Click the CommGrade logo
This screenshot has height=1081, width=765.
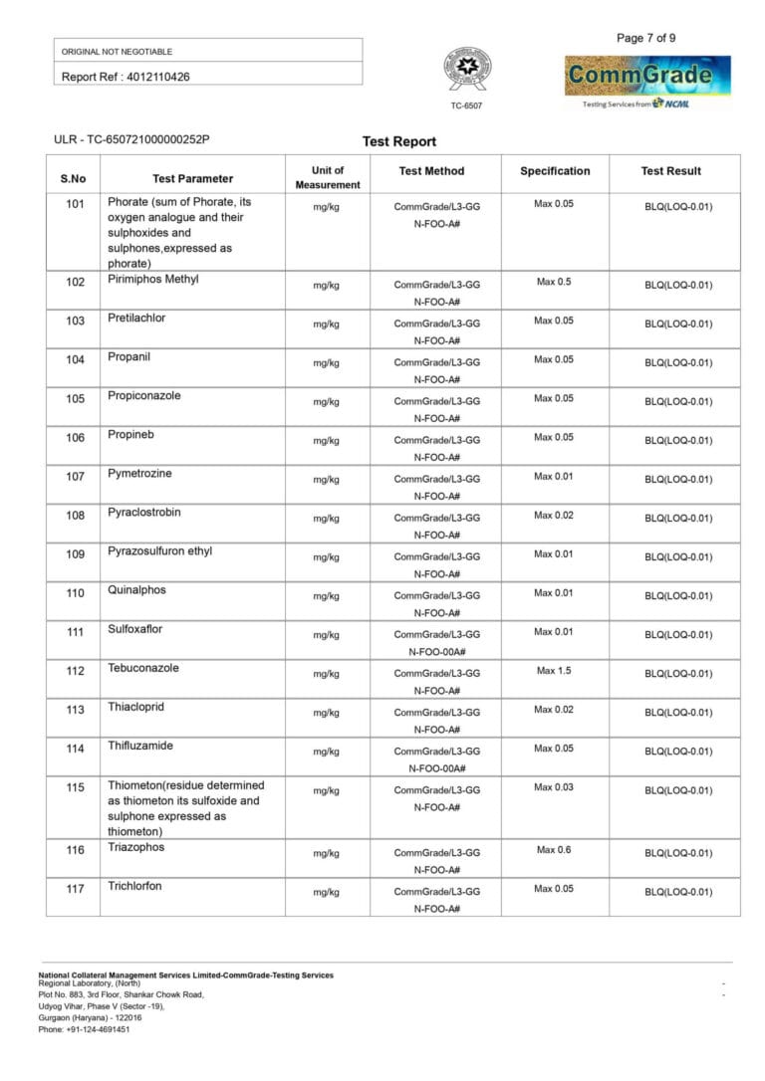pos(647,77)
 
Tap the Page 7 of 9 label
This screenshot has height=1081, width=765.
pos(646,38)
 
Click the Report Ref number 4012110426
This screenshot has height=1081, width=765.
pos(126,77)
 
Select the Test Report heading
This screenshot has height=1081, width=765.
pos(399,141)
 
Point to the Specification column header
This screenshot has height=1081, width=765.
pos(555,171)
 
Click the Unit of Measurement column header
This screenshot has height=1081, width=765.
pos(328,177)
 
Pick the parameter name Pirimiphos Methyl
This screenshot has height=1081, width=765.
pos(153,280)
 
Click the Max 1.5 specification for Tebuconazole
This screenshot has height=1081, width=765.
pos(554,671)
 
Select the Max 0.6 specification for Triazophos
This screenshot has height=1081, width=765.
pos(554,850)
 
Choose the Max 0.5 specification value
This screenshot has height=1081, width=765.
pos(554,282)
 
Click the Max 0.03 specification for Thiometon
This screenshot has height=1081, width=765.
pos(554,787)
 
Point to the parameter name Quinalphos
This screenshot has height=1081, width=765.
pos(137,590)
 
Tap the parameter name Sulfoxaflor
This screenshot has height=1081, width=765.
pos(135,629)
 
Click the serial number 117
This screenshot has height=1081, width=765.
pos(76,889)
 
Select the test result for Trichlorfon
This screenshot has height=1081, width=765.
pos(678,892)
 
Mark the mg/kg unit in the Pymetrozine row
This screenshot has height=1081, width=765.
pos(327,480)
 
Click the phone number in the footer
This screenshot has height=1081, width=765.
pos(84,1029)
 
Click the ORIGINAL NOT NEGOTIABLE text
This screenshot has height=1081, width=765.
pos(117,51)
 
